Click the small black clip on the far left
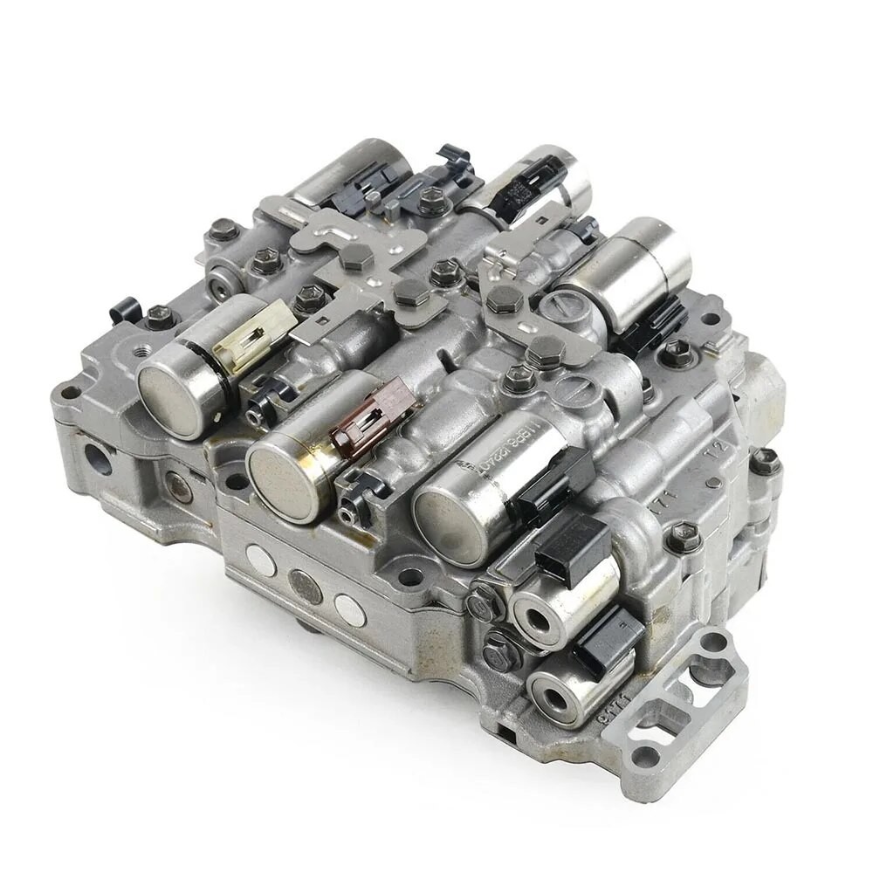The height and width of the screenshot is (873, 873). [125, 310]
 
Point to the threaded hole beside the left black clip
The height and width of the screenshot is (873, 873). [139, 352]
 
